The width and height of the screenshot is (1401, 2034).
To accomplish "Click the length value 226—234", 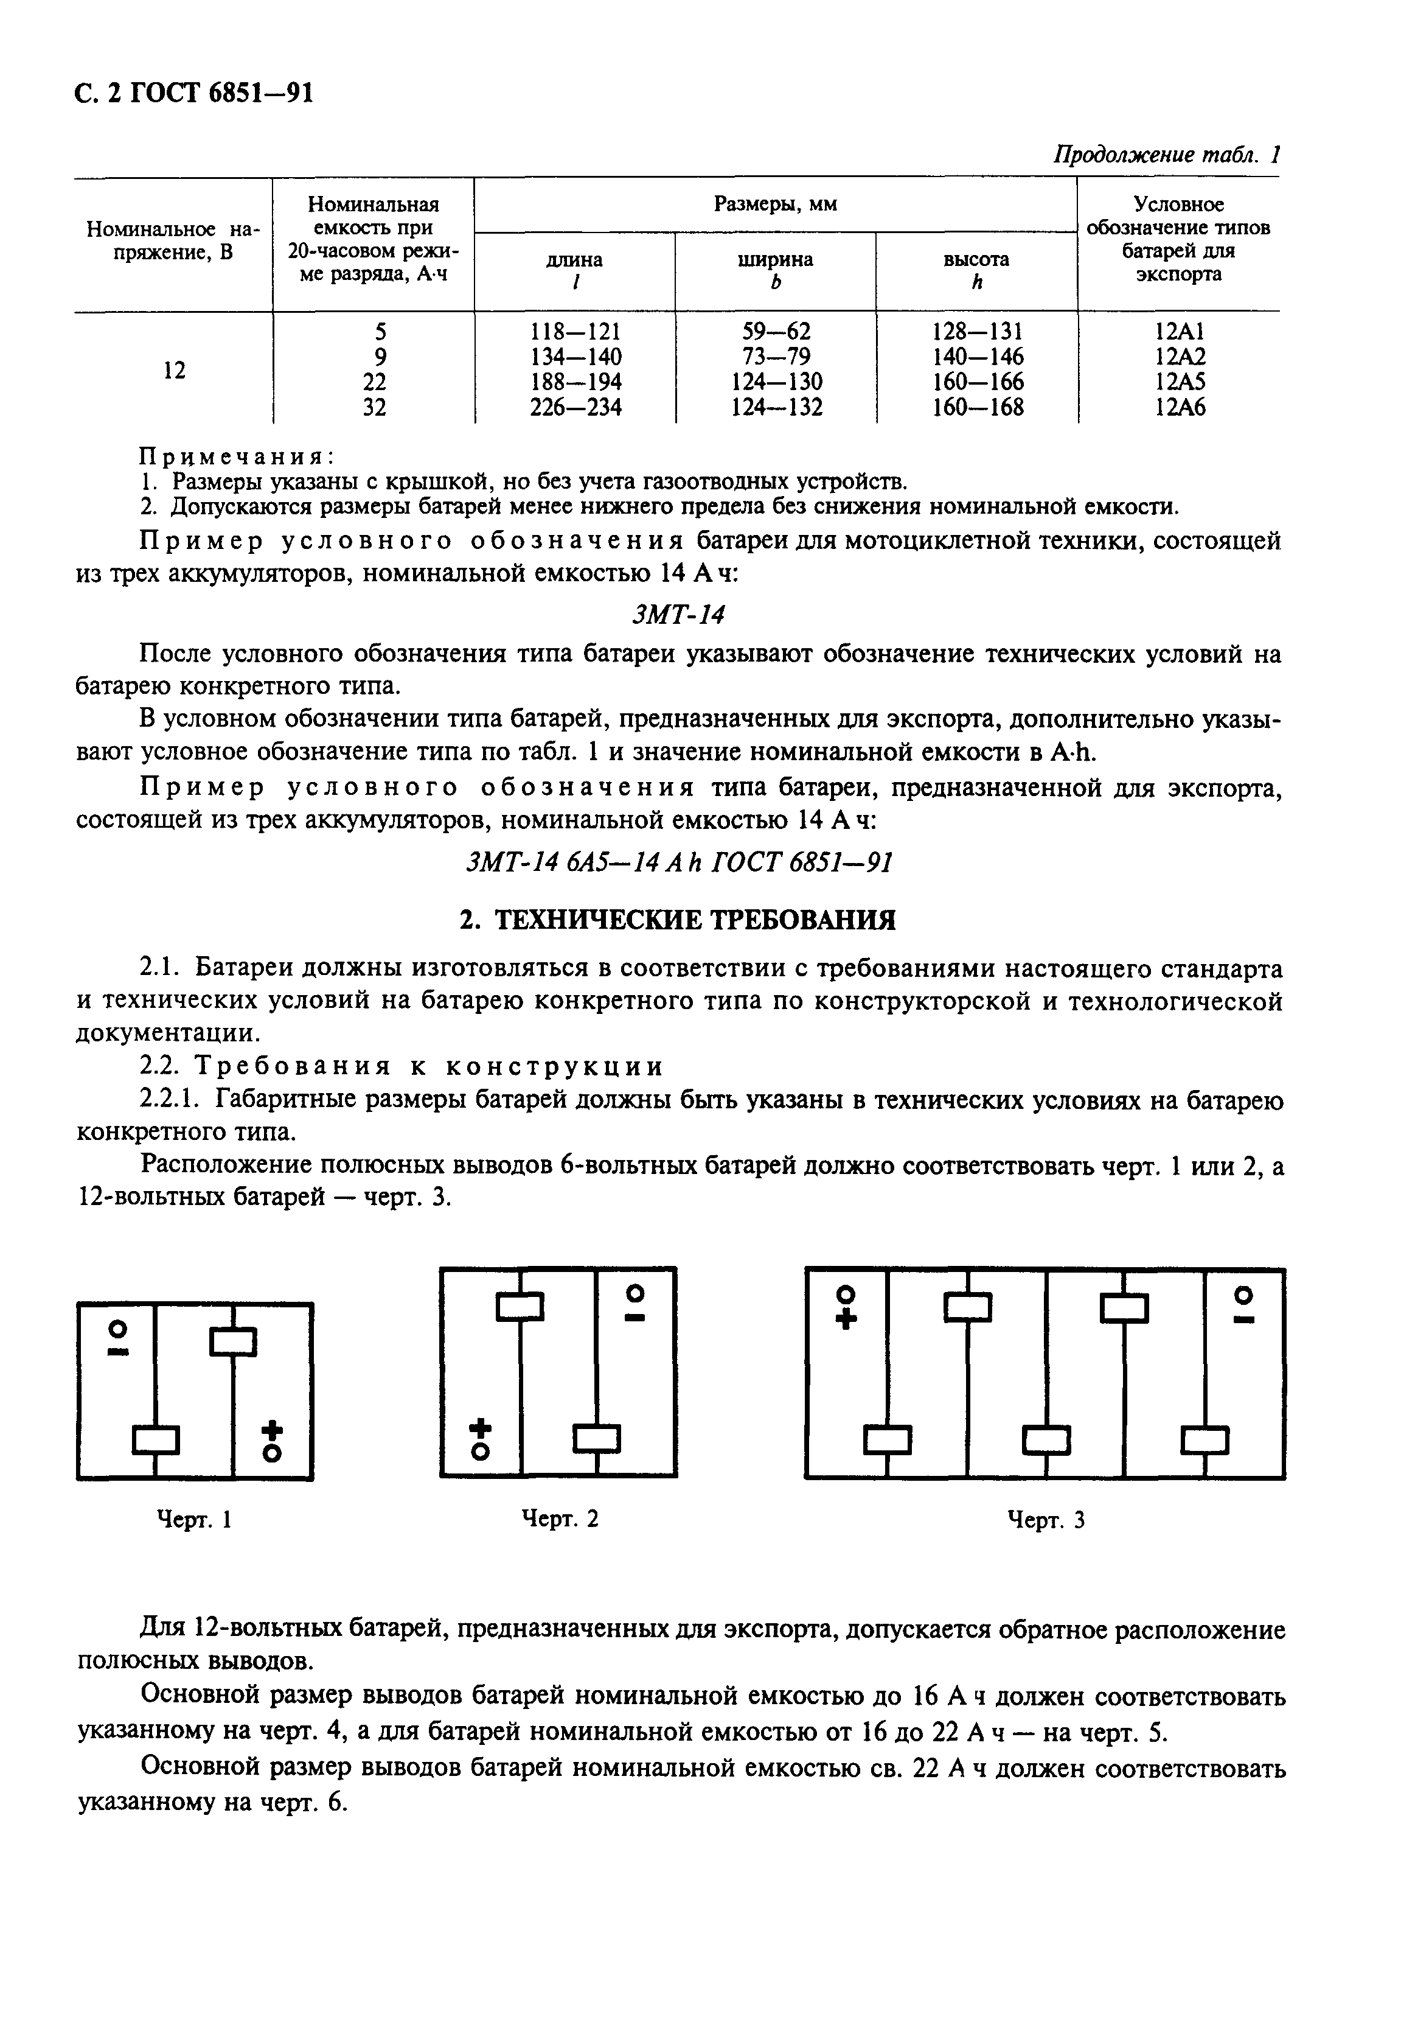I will tap(575, 408).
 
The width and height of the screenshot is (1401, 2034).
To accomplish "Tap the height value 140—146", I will tap(977, 357).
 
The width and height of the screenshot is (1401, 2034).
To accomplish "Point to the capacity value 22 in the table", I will tap(374, 382).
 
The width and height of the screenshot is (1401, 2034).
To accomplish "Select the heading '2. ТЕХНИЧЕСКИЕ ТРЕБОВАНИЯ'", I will tap(678, 920).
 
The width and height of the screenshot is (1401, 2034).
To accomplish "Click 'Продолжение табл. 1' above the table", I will tap(1167, 155).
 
